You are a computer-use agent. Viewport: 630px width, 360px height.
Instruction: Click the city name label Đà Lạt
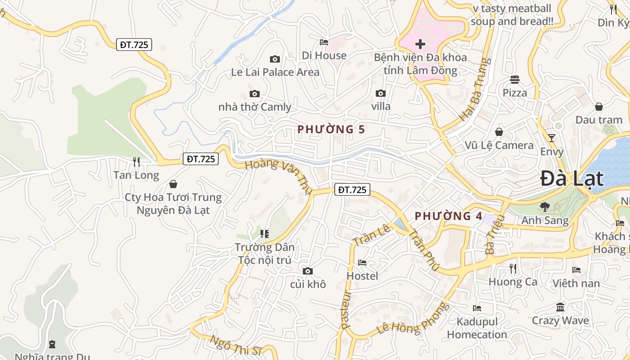tap(571, 179)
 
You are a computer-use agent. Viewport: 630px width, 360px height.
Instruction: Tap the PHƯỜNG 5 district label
tap(331, 130)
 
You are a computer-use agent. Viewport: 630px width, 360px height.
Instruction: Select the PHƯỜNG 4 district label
tap(449, 216)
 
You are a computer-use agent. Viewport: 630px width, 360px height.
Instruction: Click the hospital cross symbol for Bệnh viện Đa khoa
tap(420, 44)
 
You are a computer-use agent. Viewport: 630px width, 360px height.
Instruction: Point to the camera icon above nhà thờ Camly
tap(255, 94)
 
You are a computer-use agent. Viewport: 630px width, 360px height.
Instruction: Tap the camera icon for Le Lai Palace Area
tap(275, 59)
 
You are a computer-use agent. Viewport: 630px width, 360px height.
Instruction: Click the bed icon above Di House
tap(324, 42)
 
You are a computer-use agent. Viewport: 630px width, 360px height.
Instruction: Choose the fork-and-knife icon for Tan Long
tap(136, 162)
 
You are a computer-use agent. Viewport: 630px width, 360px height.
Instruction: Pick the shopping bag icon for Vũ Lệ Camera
tap(499, 132)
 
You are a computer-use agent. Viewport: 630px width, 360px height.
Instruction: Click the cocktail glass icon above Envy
tap(552, 138)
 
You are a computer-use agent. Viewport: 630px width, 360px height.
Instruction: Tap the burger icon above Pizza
tap(515, 80)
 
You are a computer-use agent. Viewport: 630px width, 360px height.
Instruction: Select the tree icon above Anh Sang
tap(545, 207)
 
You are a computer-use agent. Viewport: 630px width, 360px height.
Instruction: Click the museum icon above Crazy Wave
tap(560, 307)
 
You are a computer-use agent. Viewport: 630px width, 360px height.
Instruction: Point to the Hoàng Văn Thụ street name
tap(279, 176)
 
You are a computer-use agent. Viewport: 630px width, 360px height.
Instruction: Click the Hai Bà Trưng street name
tap(473, 90)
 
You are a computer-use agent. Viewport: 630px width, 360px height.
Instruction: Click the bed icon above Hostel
tap(362, 262)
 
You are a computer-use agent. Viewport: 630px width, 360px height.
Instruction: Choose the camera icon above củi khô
tap(308, 271)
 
